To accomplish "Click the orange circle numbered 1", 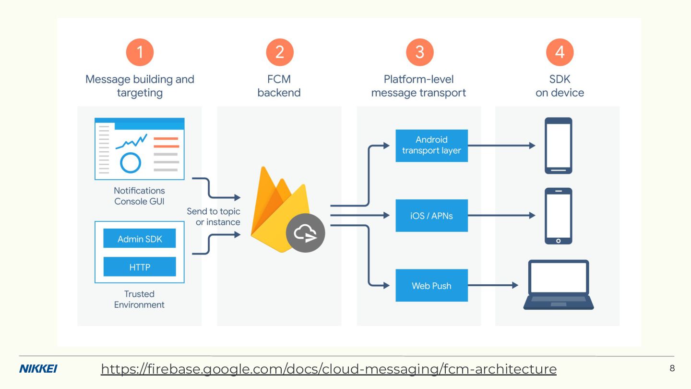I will pyautogui.click(x=140, y=52).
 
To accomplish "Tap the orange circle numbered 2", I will pyautogui.click(x=280, y=52).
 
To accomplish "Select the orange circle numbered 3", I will pyautogui.click(x=419, y=52).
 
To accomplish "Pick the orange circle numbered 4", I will pyautogui.click(x=560, y=52).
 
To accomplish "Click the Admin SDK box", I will pyautogui.click(x=140, y=239).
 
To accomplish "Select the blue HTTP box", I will pyautogui.click(x=140, y=267).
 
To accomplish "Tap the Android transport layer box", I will pyautogui.click(x=431, y=145).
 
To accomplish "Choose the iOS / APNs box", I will pyautogui.click(x=431, y=216).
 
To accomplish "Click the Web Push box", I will pyautogui.click(x=431, y=286).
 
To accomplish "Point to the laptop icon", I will pyautogui.click(x=559, y=284).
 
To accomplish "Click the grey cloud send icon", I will pyautogui.click(x=306, y=233).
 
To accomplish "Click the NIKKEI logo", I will pyautogui.click(x=38, y=369).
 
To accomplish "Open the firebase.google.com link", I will pyautogui.click(x=329, y=369).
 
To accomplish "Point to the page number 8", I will pyautogui.click(x=672, y=368).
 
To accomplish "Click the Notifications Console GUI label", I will pyautogui.click(x=139, y=196).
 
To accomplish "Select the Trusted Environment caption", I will pyautogui.click(x=139, y=299).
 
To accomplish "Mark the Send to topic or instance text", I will pyautogui.click(x=214, y=217).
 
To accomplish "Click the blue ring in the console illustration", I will pyautogui.click(x=130, y=162).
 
